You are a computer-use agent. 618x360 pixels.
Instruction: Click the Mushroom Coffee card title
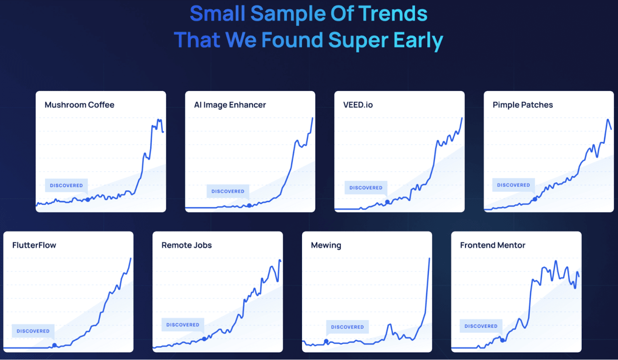pyautogui.click(x=79, y=105)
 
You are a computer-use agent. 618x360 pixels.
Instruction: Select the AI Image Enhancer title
pyautogui.click(x=230, y=105)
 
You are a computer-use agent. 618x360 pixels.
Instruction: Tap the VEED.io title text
pyautogui.click(x=358, y=105)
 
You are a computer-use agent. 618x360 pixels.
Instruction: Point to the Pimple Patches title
pyautogui.click(x=523, y=105)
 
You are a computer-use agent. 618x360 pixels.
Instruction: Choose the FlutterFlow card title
pyautogui.click(x=34, y=245)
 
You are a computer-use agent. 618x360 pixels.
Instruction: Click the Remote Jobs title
pyautogui.click(x=187, y=245)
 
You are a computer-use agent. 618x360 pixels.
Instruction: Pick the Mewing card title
pyautogui.click(x=326, y=245)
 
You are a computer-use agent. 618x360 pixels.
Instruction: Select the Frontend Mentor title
pyautogui.click(x=492, y=245)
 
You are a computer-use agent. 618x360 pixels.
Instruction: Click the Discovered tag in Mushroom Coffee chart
pyautogui.click(x=66, y=185)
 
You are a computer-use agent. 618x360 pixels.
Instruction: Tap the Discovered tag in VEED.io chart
pyautogui.click(x=366, y=188)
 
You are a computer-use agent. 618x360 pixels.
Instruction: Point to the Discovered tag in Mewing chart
pyautogui.click(x=347, y=327)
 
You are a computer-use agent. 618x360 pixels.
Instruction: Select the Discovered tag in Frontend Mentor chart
pyautogui.click(x=481, y=326)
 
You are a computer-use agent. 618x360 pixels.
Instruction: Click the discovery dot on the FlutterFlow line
pyautogui.click(x=54, y=345)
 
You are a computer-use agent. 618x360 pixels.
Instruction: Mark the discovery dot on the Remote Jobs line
pyautogui.click(x=204, y=339)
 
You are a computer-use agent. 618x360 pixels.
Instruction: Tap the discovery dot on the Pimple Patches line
pyautogui.click(x=535, y=199)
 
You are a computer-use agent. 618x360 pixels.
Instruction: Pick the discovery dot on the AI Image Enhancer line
pyautogui.click(x=249, y=205)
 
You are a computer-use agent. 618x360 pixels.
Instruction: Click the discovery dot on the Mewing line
pyautogui.click(x=326, y=341)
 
